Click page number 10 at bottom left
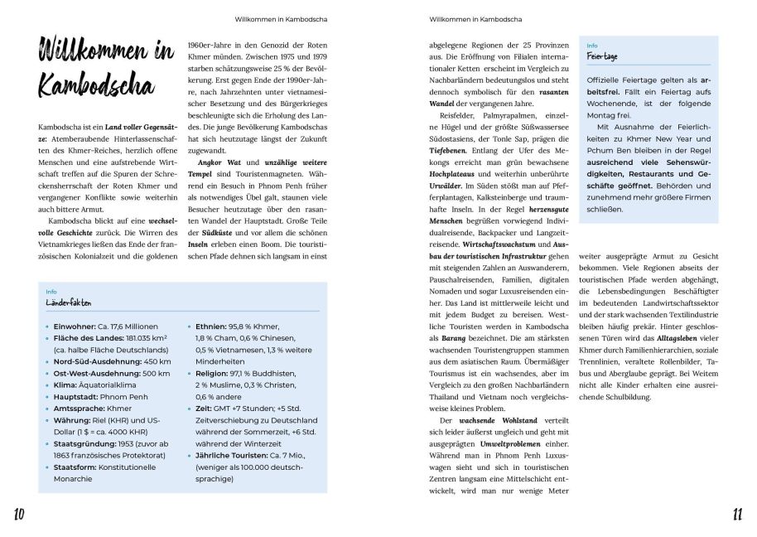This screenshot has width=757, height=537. click(19, 515)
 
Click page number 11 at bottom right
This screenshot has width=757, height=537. click(736, 515)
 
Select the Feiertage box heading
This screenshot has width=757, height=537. click(605, 57)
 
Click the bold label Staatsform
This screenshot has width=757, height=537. click(75, 467)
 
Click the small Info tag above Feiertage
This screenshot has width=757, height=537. click(592, 46)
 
